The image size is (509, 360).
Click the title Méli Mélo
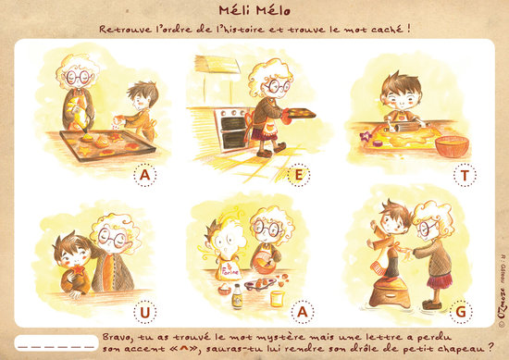point(254,10)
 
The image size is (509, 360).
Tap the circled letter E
point(299,175)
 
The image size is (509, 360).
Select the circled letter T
point(465,175)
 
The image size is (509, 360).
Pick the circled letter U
point(144,312)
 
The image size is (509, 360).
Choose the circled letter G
point(461,312)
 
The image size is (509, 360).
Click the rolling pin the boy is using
point(404,127)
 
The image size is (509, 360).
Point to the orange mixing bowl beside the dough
point(452,146)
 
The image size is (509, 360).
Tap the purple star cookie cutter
point(366,136)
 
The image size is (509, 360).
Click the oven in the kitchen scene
point(231,130)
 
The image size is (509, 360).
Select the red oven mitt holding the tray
point(286,117)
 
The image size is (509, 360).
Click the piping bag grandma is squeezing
point(78,116)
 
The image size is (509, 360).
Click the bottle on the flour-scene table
point(237,296)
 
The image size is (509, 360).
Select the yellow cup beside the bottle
point(278,299)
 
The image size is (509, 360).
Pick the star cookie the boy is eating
point(79,269)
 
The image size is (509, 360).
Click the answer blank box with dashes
point(56,342)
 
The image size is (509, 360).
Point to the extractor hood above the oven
point(217,64)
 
